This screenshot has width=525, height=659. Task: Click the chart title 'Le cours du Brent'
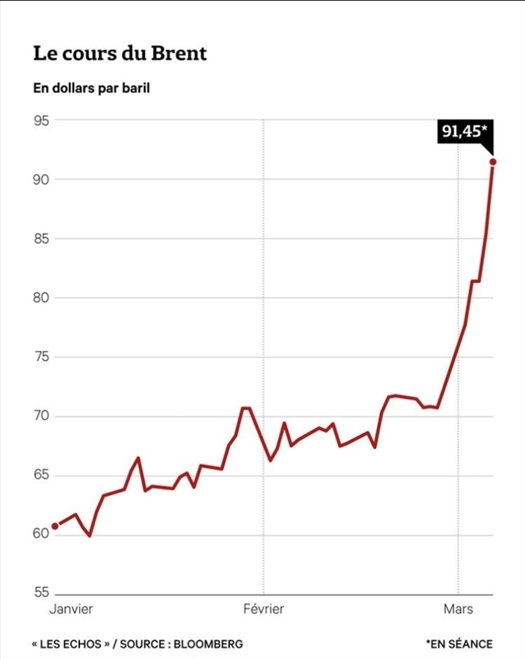120,54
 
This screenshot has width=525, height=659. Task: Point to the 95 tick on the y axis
42,120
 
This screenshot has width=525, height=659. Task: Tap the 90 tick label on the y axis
42,180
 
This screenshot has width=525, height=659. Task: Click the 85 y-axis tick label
42,239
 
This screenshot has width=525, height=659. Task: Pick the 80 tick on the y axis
42,298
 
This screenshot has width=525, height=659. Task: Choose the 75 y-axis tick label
42,358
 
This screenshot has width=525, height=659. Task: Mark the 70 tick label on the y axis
42,417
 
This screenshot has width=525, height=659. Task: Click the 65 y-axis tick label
42,476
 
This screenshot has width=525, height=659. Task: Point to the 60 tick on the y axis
42,535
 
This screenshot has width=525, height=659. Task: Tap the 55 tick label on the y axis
42,593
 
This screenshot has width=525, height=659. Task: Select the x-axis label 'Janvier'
71,610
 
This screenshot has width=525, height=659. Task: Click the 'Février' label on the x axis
263,610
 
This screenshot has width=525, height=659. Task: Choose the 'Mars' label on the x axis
458,610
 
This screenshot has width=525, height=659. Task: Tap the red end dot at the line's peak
493,162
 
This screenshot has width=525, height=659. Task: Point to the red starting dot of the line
55,526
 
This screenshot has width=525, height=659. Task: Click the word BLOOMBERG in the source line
209,643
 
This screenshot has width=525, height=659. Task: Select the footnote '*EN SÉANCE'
459,643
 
